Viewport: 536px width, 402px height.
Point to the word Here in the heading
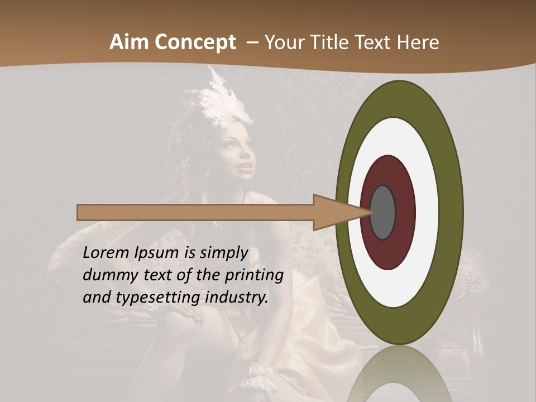(418, 42)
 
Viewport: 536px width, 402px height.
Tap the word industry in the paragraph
(237, 298)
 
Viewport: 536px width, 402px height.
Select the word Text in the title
(376, 42)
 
